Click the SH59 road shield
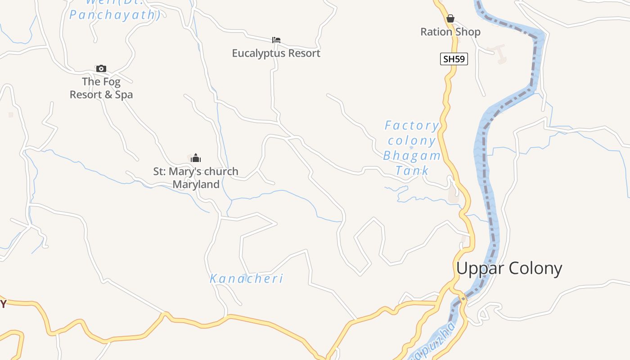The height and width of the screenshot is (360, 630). [x=454, y=59]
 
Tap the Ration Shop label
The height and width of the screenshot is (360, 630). [x=450, y=32]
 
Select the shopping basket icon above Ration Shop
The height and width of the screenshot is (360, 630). [x=450, y=18]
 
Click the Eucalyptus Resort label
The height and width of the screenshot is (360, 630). [x=276, y=53]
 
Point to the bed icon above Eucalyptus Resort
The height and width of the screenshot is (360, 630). [x=276, y=40]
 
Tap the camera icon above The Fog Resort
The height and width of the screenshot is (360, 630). [x=101, y=68]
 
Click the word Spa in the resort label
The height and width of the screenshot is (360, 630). [x=124, y=94]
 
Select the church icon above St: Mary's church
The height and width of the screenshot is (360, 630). [x=196, y=158]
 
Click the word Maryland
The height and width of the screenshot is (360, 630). [x=196, y=184]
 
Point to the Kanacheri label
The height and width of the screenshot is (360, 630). [x=246, y=279]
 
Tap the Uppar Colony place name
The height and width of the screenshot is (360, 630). [x=509, y=268]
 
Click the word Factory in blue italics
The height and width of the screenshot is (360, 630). [x=412, y=126]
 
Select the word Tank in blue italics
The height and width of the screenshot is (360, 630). [x=412, y=171]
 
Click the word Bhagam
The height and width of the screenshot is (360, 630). [x=412, y=156]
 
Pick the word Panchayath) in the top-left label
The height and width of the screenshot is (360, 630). [x=115, y=15]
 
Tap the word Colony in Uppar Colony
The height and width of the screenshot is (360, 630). [x=535, y=268]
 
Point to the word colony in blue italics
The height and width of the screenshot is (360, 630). [x=412, y=141]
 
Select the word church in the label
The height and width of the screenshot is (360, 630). [x=220, y=171]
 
